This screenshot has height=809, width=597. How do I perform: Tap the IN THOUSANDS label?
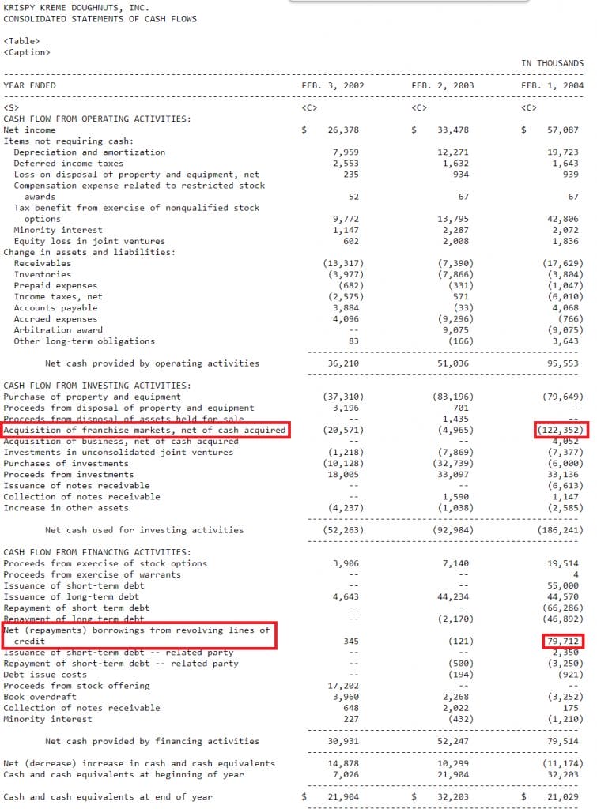(552, 63)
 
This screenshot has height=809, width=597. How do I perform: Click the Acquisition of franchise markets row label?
(145, 430)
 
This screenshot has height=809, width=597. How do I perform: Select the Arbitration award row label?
(58, 330)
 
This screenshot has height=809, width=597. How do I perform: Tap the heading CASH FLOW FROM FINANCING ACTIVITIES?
(96, 551)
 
